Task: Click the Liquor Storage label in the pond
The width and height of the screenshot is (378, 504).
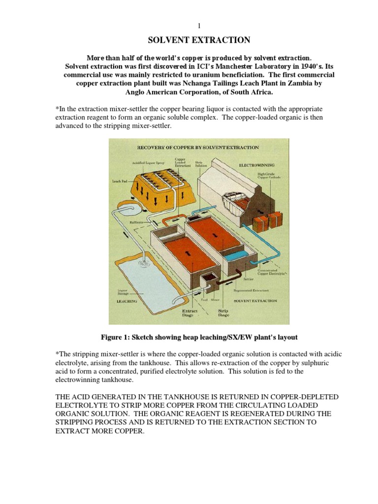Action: coord(122,292)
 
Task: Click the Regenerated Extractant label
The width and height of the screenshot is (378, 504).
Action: coord(254,290)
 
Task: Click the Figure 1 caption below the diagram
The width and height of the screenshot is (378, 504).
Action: coord(199,338)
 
